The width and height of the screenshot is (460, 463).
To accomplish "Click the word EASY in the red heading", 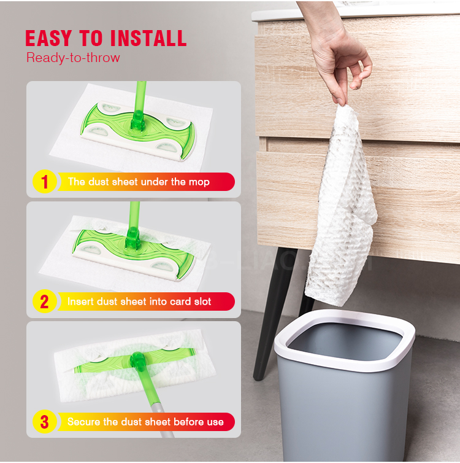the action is [x=48, y=39].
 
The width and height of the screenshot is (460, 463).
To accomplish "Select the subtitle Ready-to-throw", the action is [x=73, y=58].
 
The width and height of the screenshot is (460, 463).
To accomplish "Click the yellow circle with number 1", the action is [x=45, y=182].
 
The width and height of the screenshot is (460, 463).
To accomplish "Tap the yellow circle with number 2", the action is [x=45, y=302].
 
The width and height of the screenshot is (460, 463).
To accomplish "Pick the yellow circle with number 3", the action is [x=45, y=422].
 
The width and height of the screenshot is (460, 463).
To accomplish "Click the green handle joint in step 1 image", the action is [x=137, y=121].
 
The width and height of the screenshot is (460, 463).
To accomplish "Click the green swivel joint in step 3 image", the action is [x=138, y=362].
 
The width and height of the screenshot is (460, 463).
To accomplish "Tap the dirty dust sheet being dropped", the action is [x=342, y=207].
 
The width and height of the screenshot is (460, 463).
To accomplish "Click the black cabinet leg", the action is [x=273, y=313].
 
